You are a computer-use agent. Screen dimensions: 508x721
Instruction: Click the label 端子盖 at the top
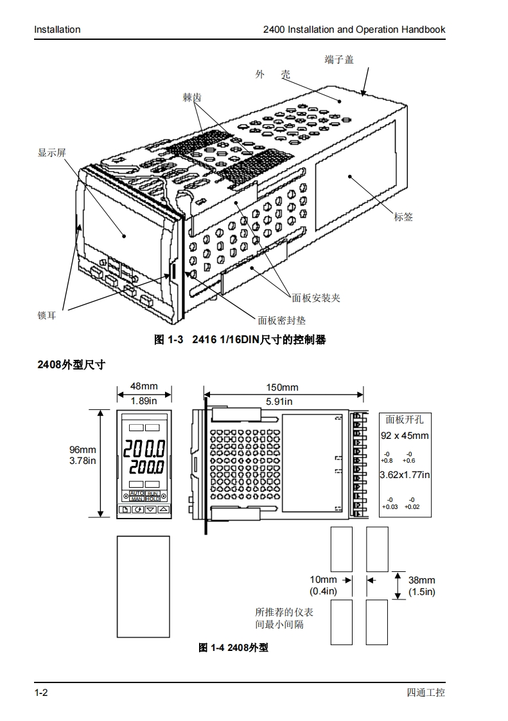tap(339, 60)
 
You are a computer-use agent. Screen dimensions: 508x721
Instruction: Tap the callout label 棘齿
tap(192, 97)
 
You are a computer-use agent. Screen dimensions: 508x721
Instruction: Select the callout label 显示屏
tap(52, 153)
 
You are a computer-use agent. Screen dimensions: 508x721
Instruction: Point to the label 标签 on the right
tap(403, 217)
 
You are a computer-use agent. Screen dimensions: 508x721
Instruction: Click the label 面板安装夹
tap(316, 298)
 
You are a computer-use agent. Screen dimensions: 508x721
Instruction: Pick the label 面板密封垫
tap(282, 320)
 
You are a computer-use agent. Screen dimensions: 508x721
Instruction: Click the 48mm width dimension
tap(144, 386)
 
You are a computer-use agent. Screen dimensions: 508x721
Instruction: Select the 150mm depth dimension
tap(282, 387)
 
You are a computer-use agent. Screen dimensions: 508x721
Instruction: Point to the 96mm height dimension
tap(83, 450)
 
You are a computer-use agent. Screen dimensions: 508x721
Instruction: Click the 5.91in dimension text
tap(279, 401)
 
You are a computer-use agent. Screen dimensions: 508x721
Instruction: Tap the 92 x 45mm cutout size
tap(405, 436)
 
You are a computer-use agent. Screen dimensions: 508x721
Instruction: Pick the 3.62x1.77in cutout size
tap(405, 475)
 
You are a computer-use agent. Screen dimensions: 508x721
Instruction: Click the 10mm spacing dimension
tap(323, 580)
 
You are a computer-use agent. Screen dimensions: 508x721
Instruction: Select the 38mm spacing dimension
tap(421, 580)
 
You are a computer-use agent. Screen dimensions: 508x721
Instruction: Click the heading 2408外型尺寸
tap(71, 364)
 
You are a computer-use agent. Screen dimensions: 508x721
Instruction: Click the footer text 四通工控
tap(426, 693)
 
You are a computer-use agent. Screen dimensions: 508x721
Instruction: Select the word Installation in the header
tap(57, 30)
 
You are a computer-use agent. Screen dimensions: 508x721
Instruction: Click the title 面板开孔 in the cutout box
tap(405, 420)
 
